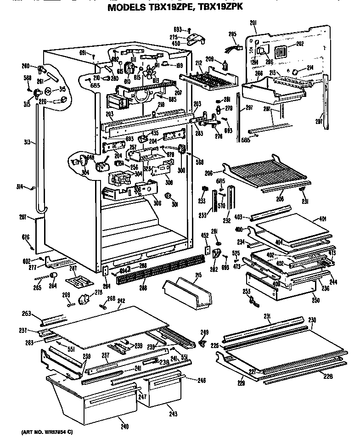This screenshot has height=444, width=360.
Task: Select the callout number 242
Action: pos(121,301)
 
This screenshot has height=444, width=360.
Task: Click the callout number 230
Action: pos(312,320)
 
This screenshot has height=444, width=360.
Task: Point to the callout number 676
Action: pos(26,237)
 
